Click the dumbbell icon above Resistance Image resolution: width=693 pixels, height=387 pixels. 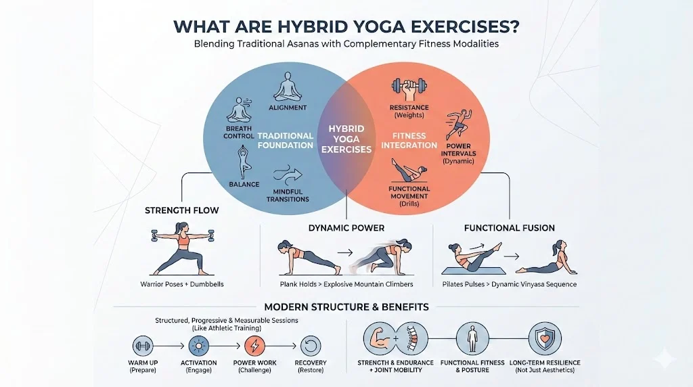[x=409, y=87]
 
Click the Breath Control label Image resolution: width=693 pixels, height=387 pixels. [x=238, y=132]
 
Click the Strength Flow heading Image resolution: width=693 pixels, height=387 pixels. [x=182, y=210]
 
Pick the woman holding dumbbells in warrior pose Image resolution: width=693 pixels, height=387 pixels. [x=179, y=251]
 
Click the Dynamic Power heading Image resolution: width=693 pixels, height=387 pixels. [x=346, y=228]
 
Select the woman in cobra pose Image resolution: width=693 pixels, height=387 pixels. [x=549, y=258]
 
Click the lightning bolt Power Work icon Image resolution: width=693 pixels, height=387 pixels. [x=254, y=345]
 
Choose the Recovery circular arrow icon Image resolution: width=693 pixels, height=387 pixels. [x=310, y=345]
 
